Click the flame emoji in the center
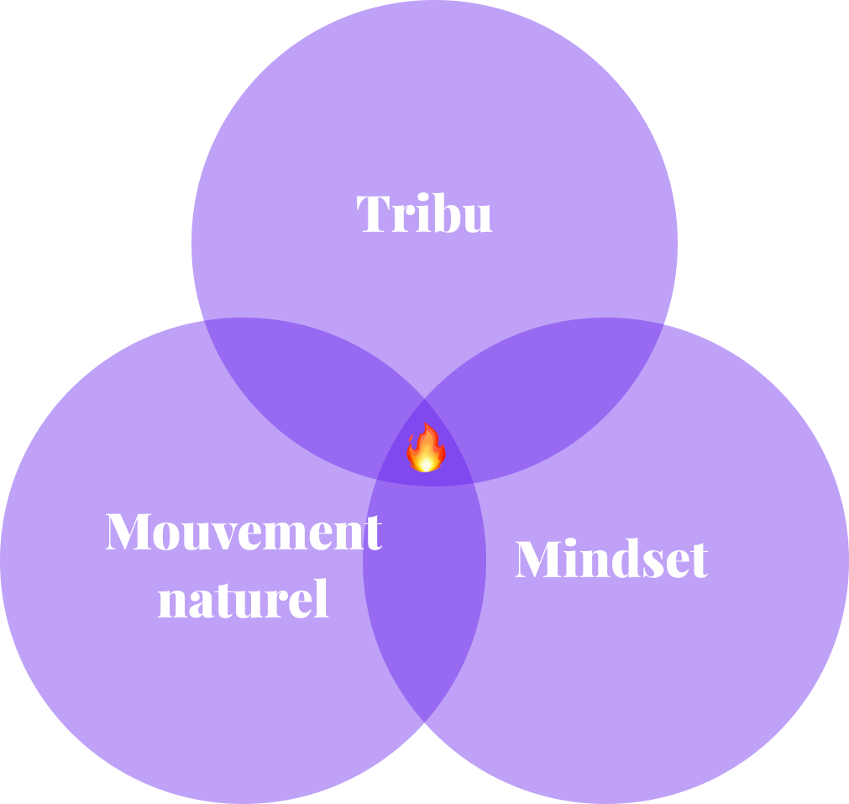(426, 449)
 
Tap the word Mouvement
(244, 532)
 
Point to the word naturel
(244, 600)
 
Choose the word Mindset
(611, 560)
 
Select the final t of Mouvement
(372, 534)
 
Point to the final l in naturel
(322, 598)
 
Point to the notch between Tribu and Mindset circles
(665, 323)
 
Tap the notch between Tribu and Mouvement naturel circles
(202, 320)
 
